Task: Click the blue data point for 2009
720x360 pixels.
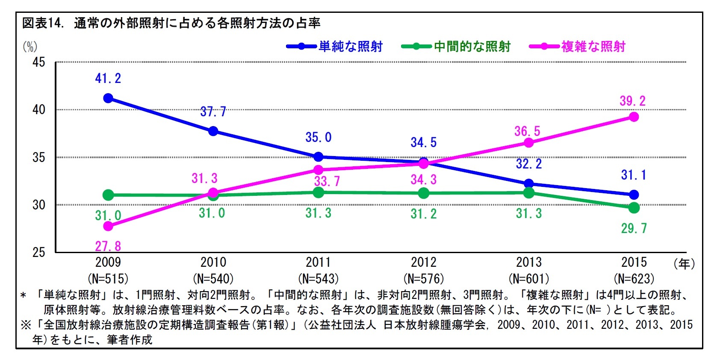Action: pyautogui.click(x=108, y=98)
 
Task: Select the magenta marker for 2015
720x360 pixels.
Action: pyautogui.click(x=634, y=117)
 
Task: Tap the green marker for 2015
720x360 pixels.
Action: pyautogui.click(x=634, y=208)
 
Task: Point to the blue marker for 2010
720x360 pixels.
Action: pyautogui.click(x=213, y=131)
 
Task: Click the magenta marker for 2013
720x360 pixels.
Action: pyautogui.click(x=528, y=142)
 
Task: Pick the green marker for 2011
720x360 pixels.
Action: pyautogui.click(x=318, y=192)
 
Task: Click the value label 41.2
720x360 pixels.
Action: pyautogui.click(x=108, y=79)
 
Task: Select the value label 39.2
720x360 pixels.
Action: pyautogui.click(x=633, y=101)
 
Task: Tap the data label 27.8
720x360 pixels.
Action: pyautogui.click(x=108, y=246)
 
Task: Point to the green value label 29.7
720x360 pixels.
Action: pyautogui.click(x=634, y=228)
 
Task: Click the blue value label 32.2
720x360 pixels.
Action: pyautogui.click(x=529, y=164)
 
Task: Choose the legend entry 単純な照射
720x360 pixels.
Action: pyautogui.click(x=350, y=47)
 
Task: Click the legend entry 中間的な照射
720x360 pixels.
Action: pyautogui.click(x=472, y=47)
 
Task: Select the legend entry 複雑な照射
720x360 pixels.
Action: pyautogui.click(x=593, y=47)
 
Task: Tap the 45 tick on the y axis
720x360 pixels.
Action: pyautogui.click(x=39, y=62)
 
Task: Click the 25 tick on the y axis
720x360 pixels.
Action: pyautogui.click(x=39, y=252)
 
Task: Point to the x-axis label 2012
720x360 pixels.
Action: pyautogui.click(x=423, y=262)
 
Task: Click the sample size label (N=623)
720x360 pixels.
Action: pyautogui.click(x=634, y=279)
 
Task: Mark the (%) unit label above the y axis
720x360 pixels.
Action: pyautogui.click(x=30, y=46)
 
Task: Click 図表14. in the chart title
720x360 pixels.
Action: pyautogui.click(x=43, y=24)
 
